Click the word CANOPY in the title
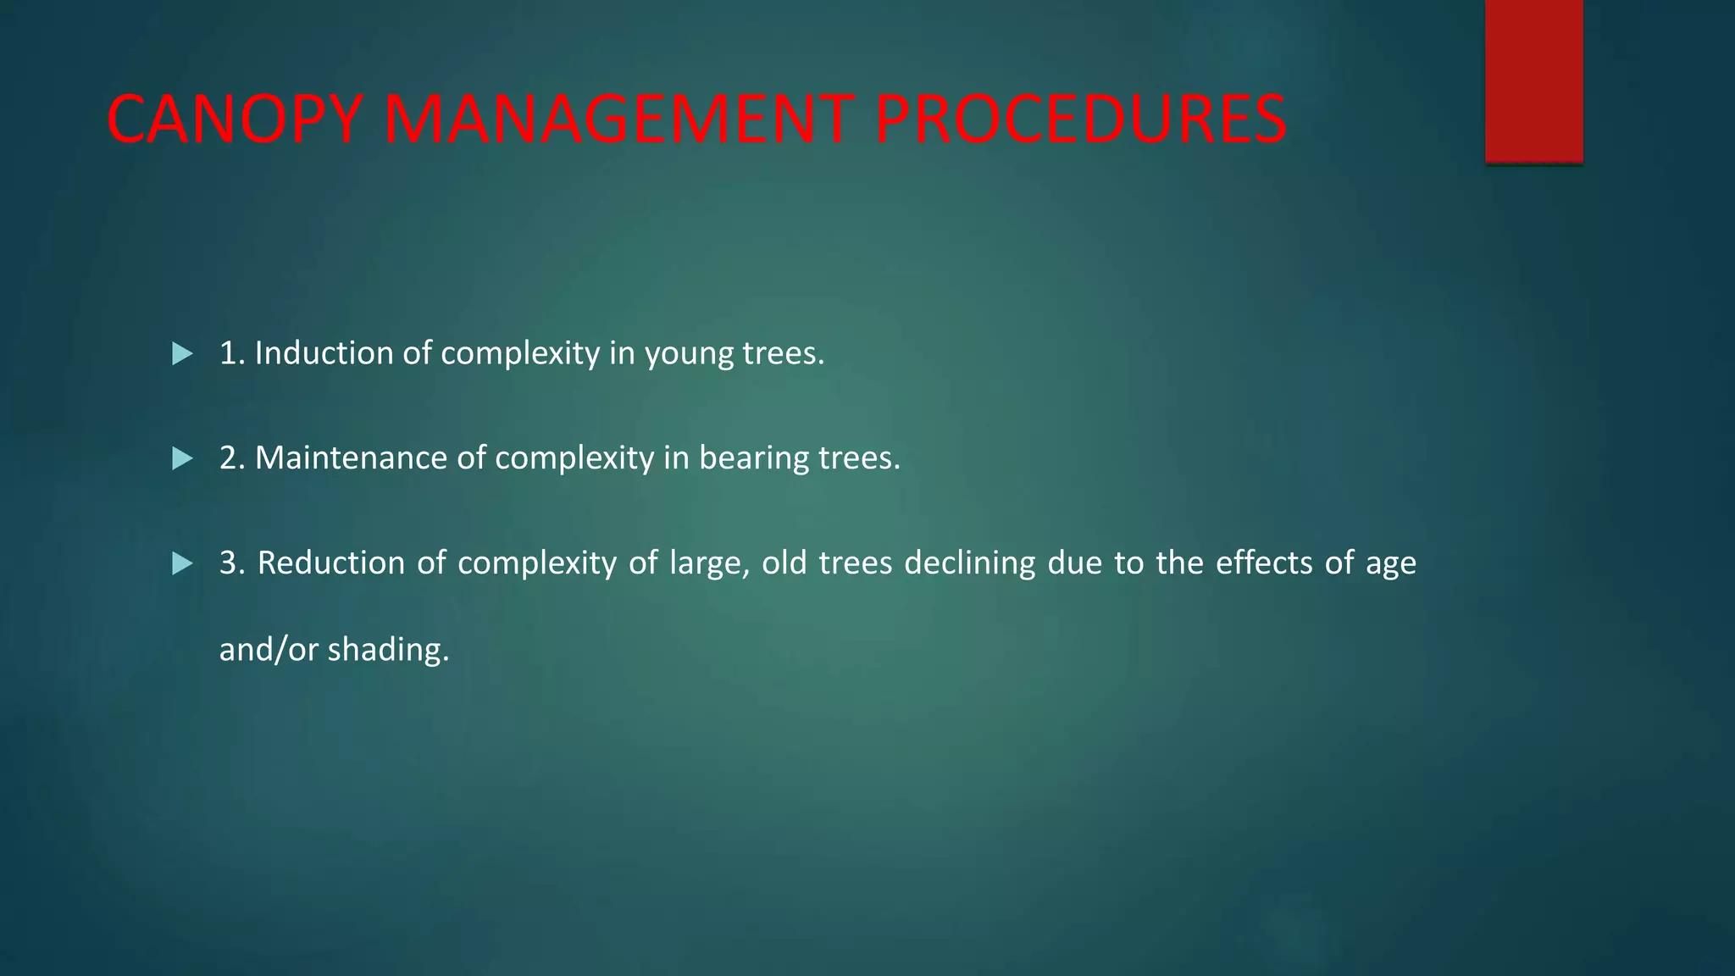tap(236, 119)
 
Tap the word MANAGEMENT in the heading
tap(618, 119)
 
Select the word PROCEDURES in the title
tap(1080, 119)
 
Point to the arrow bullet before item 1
tap(182, 353)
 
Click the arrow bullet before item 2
tap(182, 458)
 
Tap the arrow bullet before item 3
tap(182, 563)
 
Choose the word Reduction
tap(331, 563)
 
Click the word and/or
tap(269, 650)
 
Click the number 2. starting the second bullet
tap(232, 458)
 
